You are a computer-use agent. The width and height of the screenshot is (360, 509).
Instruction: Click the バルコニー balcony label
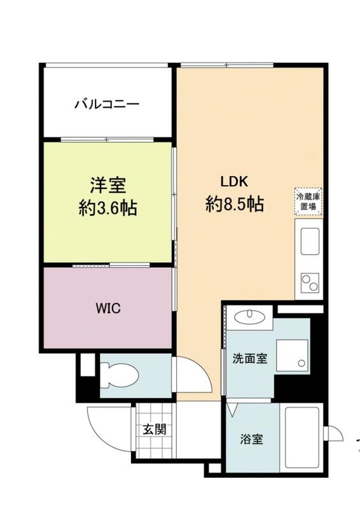coord(107,104)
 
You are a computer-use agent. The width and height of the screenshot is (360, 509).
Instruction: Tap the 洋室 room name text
coord(107,185)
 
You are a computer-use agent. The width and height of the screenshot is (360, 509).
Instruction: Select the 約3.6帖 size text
coord(107,208)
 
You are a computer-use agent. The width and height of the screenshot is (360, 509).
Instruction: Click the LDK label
coord(234,182)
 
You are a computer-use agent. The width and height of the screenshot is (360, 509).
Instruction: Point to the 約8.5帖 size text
coord(234,204)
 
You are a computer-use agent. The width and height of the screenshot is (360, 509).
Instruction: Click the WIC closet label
coord(108,308)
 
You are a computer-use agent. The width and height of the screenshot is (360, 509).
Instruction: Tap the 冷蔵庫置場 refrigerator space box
coord(308,202)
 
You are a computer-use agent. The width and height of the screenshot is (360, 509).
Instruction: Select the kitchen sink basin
coord(310,241)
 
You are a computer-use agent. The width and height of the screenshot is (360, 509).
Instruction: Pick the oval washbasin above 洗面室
coord(249,316)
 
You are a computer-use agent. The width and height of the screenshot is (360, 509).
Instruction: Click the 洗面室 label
coord(250,359)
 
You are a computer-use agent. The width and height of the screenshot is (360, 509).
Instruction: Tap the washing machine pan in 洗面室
coord(292,356)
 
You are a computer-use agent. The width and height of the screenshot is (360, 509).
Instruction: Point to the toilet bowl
coord(120,375)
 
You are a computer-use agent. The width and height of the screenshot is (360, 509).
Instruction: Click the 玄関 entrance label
coord(155,429)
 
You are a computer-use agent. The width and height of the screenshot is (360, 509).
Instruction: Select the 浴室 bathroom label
coord(252,440)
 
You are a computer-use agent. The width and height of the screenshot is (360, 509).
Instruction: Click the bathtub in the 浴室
coord(302,437)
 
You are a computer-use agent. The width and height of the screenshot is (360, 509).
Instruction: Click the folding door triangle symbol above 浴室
coord(232,410)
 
